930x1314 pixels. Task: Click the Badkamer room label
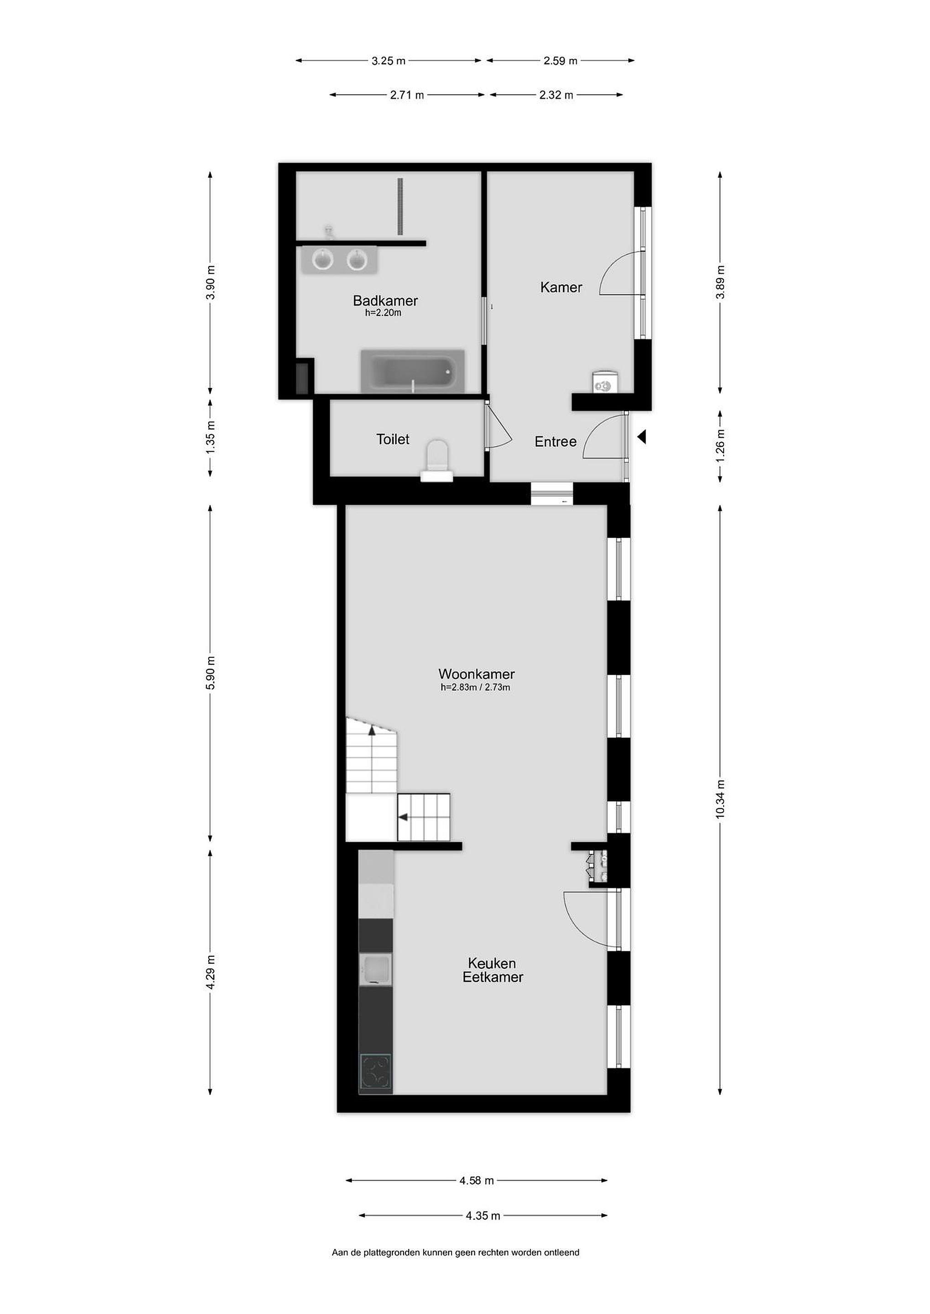[x=385, y=301]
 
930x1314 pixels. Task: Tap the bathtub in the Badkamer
[x=412, y=371]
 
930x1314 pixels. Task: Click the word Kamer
[x=561, y=287]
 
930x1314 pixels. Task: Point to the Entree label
[x=556, y=441]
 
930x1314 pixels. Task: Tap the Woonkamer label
[x=477, y=674]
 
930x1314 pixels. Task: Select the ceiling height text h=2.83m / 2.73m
[x=475, y=687]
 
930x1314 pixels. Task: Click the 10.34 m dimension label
[x=720, y=799]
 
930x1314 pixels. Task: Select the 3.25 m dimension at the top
[x=388, y=61]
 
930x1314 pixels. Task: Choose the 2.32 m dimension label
[x=556, y=95]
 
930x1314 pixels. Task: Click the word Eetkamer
[x=493, y=977]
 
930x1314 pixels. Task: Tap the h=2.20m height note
[x=383, y=313]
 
